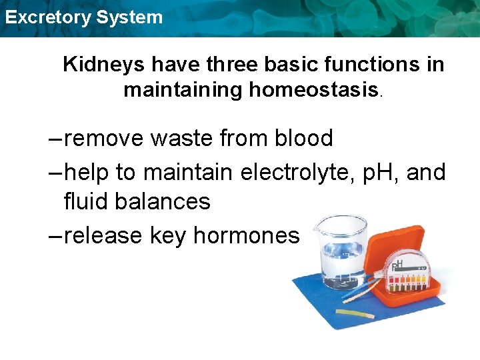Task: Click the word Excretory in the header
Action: (47, 17)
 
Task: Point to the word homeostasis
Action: (313, 89)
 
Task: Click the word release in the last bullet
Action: (103, 235)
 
